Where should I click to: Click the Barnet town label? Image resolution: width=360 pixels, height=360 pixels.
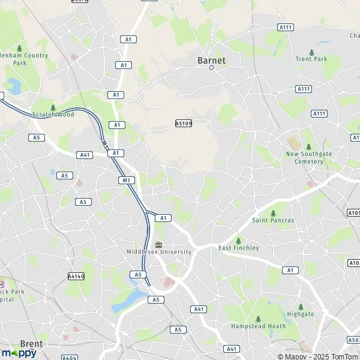click(x=211, y=60)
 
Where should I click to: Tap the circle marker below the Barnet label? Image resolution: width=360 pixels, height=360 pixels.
click(x=211, y=68)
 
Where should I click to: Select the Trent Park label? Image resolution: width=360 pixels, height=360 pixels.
click(x=311, y=59)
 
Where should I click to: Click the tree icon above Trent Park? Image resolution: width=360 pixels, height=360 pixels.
click(x=311, y=51)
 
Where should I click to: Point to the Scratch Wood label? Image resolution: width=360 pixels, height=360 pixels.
click(x=53, y=114)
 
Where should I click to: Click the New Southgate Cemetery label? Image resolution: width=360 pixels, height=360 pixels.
click(x=308, y=158)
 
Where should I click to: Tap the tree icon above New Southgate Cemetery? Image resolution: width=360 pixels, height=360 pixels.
click(x=308, y=146)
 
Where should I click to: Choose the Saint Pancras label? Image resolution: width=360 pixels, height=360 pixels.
click(x=273, y=220)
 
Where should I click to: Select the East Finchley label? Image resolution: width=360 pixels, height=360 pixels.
click(x=238, y=248)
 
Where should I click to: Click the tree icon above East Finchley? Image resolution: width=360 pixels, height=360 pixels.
click(x=238, y=240)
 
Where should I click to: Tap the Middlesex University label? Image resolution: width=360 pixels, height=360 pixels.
click(x=159, y=251)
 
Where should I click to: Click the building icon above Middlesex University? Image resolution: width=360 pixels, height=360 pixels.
click(x=159, y=244)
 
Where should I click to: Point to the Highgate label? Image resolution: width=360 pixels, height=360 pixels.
click(x=300, y=314)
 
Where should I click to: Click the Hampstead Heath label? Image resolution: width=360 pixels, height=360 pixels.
click(x=259, y=326)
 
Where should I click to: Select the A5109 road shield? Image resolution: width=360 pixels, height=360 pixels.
click(x=184, y=123)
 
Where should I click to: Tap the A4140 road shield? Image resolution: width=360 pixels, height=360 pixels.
click(x=76, y=277)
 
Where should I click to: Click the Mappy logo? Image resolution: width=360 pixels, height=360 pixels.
click(x=19, y=353)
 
